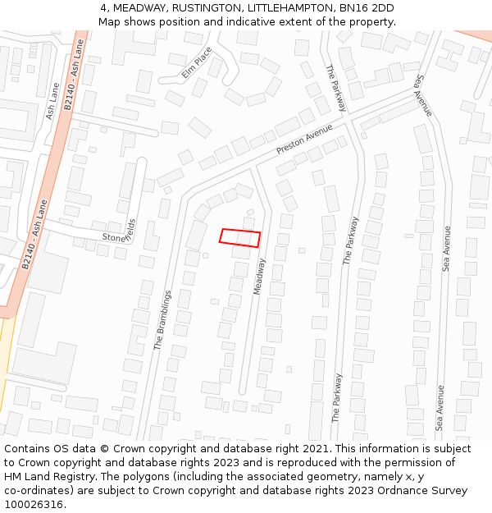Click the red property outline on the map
pyautogui.click(x=239, y=238)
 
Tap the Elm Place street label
pyautogui.click(x=197, y=62)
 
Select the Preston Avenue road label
pyautogui.click(x=304, y=140)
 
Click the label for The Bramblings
pyautogui.click(x=162, y=320)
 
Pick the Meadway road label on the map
pyautogui.click(x=259, y=277)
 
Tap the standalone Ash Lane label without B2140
pyautogui.click(x=53, y=101)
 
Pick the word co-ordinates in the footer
pyautogui.click(x=36, y=491)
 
